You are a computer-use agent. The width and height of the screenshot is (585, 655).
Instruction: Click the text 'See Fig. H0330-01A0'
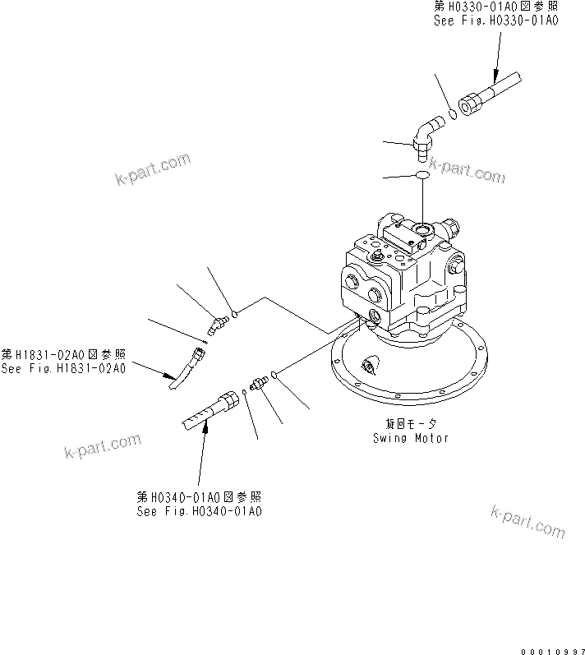coord(495,21)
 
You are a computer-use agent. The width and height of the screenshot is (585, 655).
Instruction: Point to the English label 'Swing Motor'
coord(410,438)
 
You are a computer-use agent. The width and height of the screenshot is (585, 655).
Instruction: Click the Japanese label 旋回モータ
coord(410,424)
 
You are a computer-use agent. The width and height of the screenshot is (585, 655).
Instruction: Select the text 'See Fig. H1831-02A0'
coord(64,368)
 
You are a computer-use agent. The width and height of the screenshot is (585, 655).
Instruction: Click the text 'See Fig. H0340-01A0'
coord(200,510)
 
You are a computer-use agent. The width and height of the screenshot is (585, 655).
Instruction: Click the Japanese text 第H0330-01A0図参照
coord(495,7)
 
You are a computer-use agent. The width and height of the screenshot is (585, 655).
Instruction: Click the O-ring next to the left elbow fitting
coord(235,312)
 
